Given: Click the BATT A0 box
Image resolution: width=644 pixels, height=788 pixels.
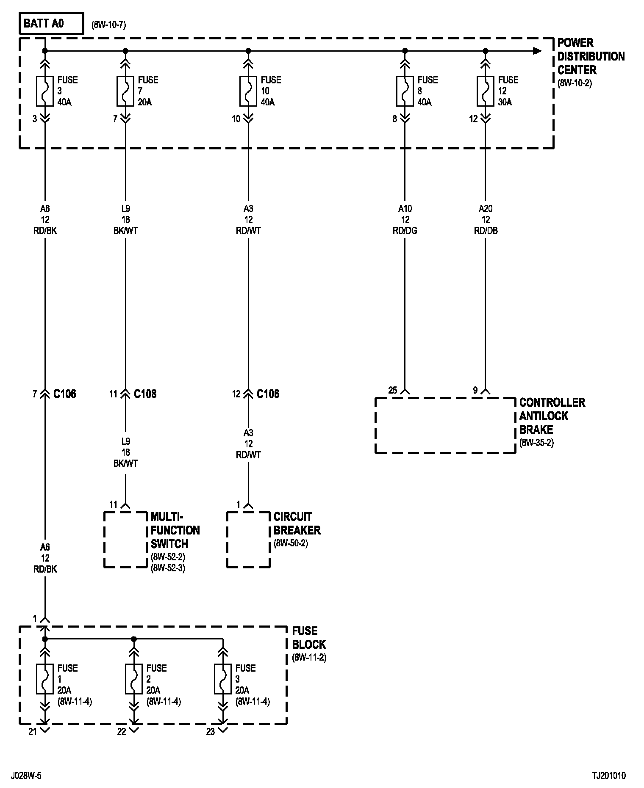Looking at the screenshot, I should (x=51, y=24).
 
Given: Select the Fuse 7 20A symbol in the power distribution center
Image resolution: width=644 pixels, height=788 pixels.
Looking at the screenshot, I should (x=125, y=91).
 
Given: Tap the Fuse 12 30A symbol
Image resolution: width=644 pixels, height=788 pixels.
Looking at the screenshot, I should (x=486, y=91).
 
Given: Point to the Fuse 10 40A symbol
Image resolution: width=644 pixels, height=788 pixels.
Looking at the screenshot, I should (x=248, y=91).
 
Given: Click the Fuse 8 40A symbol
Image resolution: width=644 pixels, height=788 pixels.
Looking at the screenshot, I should (x=405, y=91).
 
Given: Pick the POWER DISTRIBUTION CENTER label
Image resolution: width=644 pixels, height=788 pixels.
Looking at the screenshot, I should (x=591, y=56).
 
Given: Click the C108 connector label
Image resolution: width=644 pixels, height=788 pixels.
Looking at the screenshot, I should (x=145, y=394).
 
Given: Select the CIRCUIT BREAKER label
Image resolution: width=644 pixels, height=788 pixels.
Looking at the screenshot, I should (x=297, y=523).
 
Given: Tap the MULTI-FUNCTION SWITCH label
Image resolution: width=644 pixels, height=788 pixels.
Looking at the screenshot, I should (x=175, y=530).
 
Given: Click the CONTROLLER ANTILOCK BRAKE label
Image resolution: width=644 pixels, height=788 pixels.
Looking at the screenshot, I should (x=552, y=416).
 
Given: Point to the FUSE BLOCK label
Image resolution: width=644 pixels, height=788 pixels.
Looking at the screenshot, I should (x=309, y=638).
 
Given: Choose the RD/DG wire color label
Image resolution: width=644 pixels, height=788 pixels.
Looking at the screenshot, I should (x=405, y=231).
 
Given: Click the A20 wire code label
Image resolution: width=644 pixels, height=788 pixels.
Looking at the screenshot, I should (x=486, y=209).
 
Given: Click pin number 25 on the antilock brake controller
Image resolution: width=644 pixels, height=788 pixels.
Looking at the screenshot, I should (x=393, y=390).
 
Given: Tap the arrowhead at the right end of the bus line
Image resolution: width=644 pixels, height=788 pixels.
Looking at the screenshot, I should (x=537, y=51).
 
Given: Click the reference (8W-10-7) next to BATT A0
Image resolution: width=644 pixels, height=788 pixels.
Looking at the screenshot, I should (x=108, y=25).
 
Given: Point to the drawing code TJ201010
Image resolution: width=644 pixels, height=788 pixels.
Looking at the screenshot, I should (x=609, y=776).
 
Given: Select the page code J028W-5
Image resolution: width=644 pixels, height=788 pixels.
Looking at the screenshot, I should (x=26, y=776).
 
